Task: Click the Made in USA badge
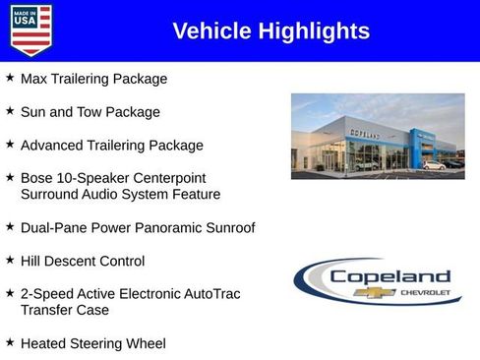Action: click(x=30, y=30)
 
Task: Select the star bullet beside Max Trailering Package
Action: click(x=10, y=78)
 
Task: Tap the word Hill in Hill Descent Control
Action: click(x=31, y=262)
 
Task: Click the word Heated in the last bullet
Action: click(x=45, y=344)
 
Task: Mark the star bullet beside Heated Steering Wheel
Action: click(x=10, y=343)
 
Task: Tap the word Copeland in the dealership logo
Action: click(x=390, y=276)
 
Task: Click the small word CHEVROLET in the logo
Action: click(x=425, y=293)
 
